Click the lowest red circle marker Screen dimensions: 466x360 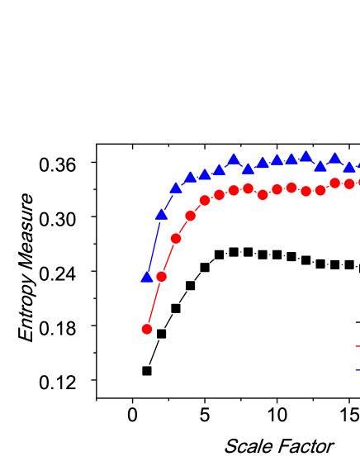[147, 329]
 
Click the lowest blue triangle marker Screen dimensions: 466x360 [147, 277]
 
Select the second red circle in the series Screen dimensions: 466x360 [161, 276]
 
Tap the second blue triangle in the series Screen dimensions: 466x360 [161, 214]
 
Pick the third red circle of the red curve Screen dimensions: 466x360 [176, 238]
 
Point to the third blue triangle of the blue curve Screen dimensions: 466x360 [176, 188]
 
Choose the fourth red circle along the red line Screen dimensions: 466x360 [190, 216]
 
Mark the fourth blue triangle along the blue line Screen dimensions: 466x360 [190, 177]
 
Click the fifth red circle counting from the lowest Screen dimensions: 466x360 [205, 200]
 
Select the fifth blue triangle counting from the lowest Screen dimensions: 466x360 [205, 174]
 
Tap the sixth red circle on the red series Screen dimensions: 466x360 [219, 195]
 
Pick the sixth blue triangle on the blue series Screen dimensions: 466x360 [219, 169]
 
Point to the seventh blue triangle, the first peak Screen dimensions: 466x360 [234, 159]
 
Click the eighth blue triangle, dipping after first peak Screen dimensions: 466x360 [248, 169]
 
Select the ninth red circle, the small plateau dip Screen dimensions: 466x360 [263, 195]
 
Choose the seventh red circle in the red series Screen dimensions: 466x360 [234, 190]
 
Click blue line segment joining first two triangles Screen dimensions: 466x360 [154, 245]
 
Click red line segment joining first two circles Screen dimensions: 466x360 [154, 302]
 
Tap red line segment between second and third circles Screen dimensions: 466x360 [168, 257]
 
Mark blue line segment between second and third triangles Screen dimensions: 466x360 [168, 201]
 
